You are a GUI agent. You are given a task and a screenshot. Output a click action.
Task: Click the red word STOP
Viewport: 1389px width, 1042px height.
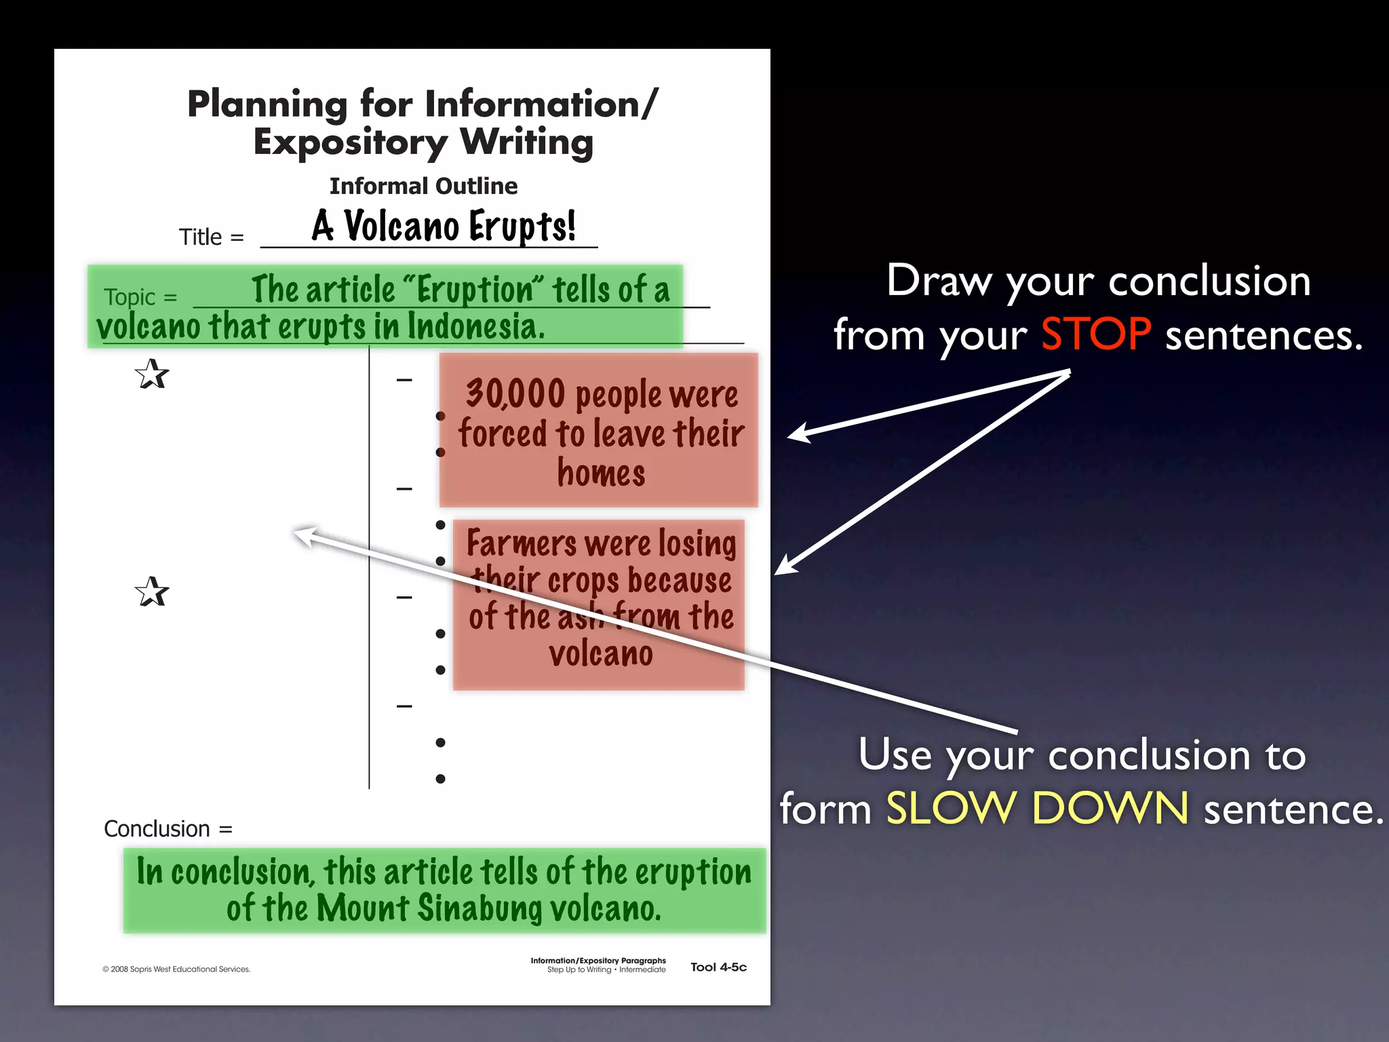click(1095, 334)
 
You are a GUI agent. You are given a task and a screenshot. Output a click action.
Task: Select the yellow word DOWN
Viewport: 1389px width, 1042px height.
click(1110, 809)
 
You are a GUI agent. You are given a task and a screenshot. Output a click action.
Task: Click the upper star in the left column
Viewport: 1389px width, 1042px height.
click(151, 374)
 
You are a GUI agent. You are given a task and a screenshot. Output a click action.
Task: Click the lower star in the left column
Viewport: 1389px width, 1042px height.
click(151, 592)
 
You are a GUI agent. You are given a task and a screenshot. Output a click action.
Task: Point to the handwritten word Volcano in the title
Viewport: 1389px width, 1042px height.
click(402, 226)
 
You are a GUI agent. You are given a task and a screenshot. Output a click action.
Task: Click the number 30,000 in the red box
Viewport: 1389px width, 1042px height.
click(515, 394)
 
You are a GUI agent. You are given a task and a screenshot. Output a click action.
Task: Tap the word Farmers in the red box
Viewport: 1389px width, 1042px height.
click(521, 544)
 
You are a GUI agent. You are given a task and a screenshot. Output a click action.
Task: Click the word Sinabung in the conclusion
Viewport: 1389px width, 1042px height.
click(479, 908)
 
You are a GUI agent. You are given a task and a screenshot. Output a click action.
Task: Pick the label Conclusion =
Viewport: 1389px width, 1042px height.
click(168, 829)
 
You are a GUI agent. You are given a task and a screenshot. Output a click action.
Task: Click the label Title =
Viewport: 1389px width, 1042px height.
click(211, 237)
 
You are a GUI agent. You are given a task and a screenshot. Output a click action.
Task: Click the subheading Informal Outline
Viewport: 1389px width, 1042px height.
click(423, 186)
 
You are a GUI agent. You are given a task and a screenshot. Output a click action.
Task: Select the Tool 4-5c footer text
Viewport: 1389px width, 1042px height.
click(718, 967)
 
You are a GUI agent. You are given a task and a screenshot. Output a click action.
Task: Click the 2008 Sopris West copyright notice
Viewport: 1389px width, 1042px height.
click(176, 969)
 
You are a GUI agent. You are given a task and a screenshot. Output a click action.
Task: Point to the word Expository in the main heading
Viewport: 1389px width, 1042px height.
click(350, 143)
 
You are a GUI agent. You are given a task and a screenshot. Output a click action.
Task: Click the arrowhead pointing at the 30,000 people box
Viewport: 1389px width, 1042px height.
click(797, 434)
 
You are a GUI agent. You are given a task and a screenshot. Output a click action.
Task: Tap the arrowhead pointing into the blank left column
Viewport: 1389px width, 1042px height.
click(302, 535)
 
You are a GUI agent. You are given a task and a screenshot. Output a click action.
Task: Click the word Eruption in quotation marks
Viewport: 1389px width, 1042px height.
click(475, 290)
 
